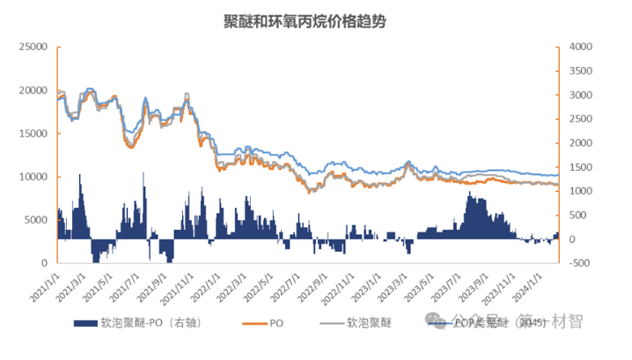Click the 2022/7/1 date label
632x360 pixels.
(291, 284)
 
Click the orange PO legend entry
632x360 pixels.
(275, 323)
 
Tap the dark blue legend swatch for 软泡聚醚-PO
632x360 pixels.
(89, 323)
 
